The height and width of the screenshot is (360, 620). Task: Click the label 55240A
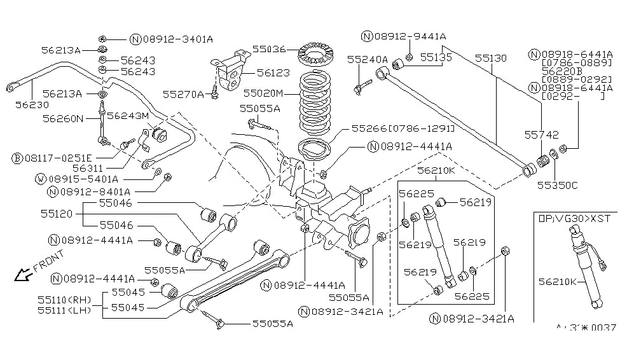click(x=367, y=59)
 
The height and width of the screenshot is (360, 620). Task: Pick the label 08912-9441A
click(x=410, y=36)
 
